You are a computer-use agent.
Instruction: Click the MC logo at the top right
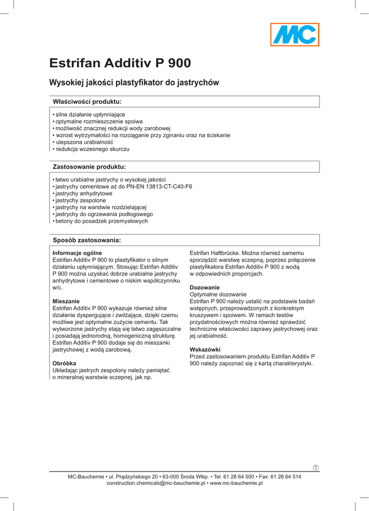[295, 35]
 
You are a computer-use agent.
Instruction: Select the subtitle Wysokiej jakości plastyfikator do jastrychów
[134, 83]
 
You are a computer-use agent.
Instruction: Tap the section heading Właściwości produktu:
[87, 102]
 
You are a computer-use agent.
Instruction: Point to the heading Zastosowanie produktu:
[89, 166]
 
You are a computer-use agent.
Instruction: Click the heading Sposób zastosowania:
[87, 240]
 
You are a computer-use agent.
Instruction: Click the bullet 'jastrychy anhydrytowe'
[84, 193]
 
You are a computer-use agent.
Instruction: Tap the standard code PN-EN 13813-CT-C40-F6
[162, 186]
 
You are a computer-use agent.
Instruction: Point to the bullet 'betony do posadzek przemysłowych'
[102, 221]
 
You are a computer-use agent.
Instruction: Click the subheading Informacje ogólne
[77, 253]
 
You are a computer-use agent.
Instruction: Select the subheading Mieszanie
[66, 301]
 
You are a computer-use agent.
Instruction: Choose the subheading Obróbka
[64, 363]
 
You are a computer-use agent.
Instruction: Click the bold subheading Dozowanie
[205, 288]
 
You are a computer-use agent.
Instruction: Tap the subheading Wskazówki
[205, 350]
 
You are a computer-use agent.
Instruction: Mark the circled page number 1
[316, 467]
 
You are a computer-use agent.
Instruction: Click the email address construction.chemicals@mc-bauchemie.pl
[157, 484]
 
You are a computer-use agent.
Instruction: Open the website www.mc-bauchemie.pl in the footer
[236, 484]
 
